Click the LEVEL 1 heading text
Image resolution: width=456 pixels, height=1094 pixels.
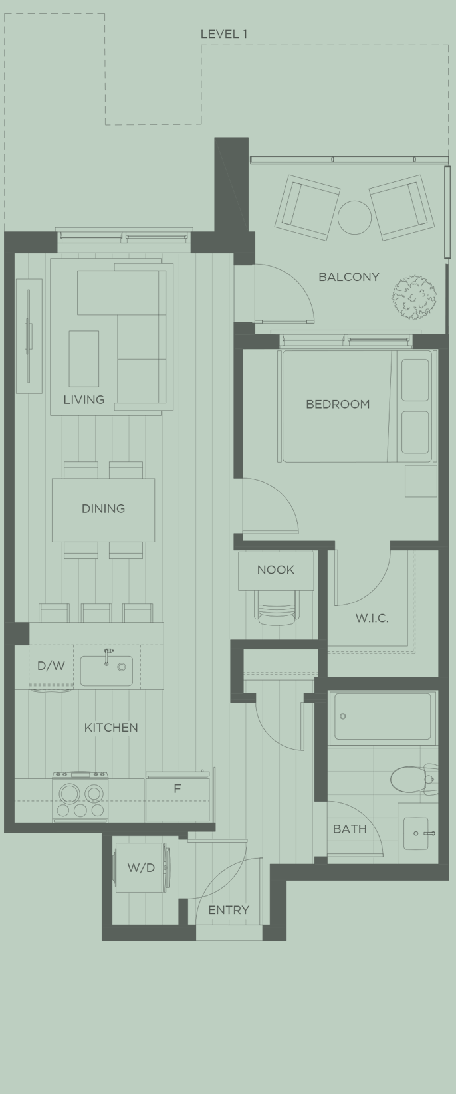224,34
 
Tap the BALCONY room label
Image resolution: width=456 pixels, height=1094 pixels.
348,277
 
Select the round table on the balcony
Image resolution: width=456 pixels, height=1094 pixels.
354,217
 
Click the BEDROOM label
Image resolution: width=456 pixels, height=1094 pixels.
338,404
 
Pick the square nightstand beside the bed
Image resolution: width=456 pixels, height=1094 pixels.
421,481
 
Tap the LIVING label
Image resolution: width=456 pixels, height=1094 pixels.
84,400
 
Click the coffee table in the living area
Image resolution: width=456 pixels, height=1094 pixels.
84,359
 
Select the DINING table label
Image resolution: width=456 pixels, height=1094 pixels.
103,509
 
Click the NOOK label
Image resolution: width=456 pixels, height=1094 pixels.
275,570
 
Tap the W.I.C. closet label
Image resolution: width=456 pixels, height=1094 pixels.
372,619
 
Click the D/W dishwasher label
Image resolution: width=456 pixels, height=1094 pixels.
51,666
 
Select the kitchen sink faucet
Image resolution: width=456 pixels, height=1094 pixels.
108,655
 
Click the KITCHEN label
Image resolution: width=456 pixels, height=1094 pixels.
111,728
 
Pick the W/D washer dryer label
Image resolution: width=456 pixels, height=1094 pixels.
141,868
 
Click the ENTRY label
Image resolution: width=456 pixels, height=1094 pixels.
229,910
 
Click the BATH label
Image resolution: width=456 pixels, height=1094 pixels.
350,829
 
